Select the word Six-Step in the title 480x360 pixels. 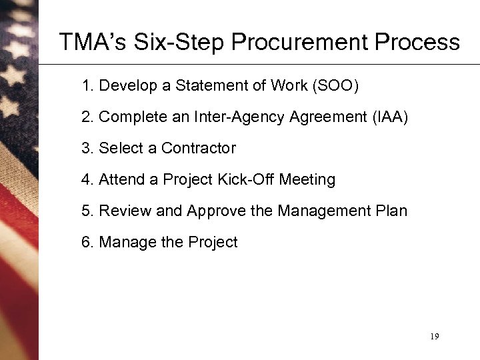(x=171, y=43)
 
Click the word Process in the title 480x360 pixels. (x=419, y=43)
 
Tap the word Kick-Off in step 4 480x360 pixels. (x=251, y=179)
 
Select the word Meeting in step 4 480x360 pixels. (x=307, y=179)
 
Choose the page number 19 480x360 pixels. (x=434, y=337)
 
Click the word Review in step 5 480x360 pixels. (x=125, y=211)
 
